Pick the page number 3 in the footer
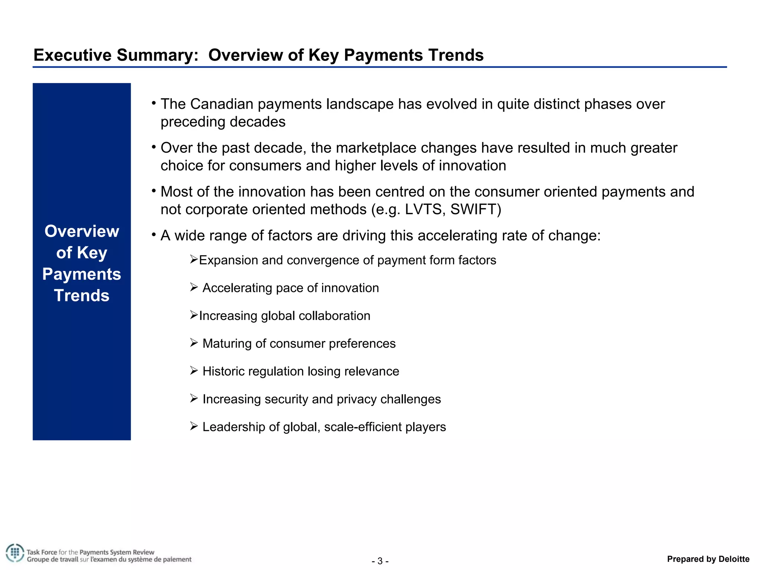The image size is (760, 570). [380, 561]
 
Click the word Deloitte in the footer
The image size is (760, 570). [734, 559]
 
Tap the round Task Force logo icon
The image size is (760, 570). [14, 553]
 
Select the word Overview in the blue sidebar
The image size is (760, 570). [82, 231]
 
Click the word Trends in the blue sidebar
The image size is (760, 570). [82, 296]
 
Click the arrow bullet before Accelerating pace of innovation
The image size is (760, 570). [194, 287]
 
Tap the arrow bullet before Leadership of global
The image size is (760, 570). [194, 426]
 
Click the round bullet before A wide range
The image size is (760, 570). [154, 235]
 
